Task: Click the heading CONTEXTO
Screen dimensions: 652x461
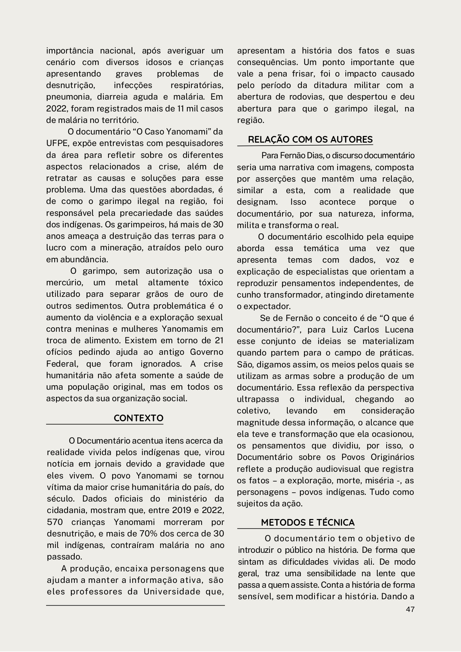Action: click(138, 418)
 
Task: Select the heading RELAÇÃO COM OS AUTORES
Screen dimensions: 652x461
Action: click(310, 140)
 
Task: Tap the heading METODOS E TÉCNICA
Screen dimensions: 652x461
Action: click(307, 523)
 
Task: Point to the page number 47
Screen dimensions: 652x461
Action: click(410, 609)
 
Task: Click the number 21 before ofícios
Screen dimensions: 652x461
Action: click(219, 340)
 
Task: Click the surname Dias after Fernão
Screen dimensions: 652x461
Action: click(309, 155)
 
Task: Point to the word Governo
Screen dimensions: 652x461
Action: click(207, 352)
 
